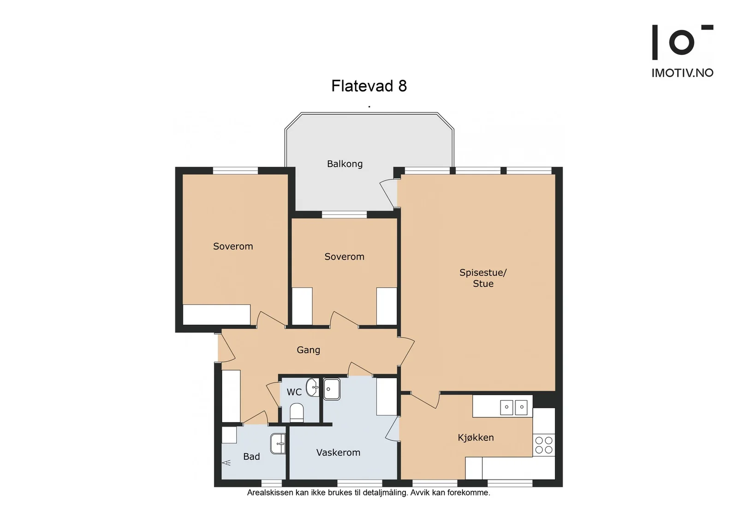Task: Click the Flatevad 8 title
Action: click(369, 86)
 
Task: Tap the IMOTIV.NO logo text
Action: click(682, 73)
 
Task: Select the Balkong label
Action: click(345, 164)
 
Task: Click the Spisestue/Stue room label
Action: click(483, 278)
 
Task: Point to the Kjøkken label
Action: click(476, 438)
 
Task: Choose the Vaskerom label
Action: click(338, 452)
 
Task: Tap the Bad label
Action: click(251, 457)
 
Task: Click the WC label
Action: click(294, 392)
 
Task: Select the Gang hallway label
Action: click(309, 350)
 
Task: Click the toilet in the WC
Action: click(297, 413)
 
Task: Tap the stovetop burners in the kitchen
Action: click(544, 445)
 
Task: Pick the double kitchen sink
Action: click(514, 407)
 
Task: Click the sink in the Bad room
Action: click(278, 444)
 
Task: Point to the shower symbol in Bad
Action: click(226, 463)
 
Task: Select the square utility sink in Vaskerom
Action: click(332, 389)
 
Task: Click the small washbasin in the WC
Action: click(312, 387)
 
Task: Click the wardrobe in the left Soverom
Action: click(216, 314)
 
